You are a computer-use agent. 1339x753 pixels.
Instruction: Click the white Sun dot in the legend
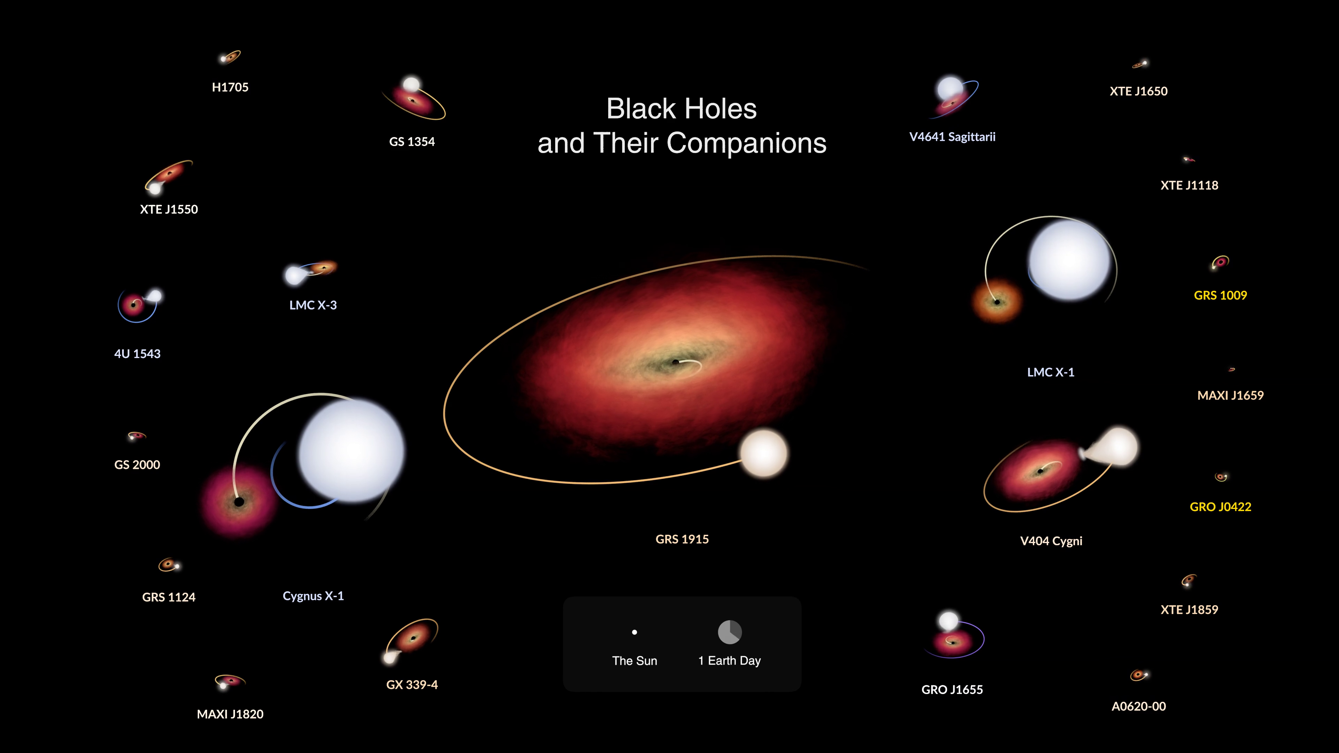(634, 632)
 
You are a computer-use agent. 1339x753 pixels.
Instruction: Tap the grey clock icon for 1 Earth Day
(730, 632)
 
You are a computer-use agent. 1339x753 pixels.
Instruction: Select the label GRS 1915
(682, 539)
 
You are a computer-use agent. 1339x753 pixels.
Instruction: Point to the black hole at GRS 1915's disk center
(675, 362)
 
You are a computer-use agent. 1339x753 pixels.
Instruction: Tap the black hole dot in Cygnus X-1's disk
(239, 502)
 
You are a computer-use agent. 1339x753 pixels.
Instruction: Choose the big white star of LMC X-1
(1070, 260)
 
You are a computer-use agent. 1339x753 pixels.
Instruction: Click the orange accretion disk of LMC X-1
(997, 302)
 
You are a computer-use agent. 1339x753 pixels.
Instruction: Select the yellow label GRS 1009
(1220, 295)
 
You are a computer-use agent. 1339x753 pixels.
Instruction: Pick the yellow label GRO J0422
(1220, 507)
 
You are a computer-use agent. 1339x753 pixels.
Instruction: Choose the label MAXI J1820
(230, 714)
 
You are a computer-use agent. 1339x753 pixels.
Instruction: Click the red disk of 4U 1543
(135, 304)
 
